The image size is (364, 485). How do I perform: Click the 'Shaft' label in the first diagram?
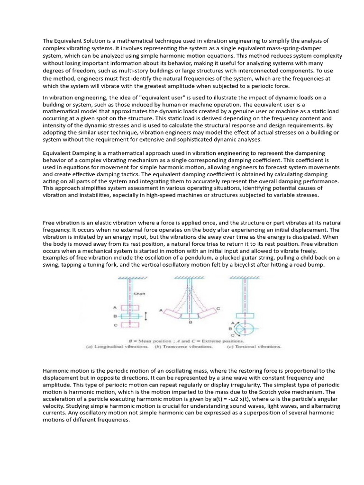point(139,294)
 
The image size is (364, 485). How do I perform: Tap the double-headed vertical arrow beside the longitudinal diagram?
point(146,316)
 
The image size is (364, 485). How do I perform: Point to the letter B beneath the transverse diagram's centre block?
point(190,323)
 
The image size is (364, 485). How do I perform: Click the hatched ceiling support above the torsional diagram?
point(244,278)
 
